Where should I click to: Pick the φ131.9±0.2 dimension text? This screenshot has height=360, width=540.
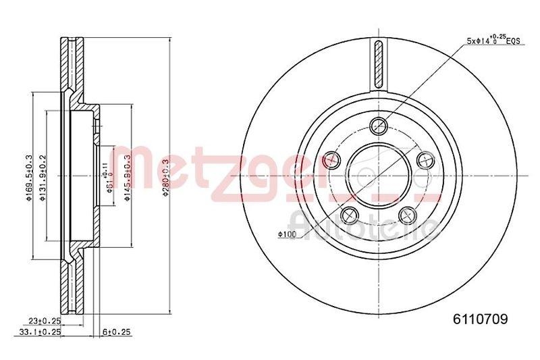44,174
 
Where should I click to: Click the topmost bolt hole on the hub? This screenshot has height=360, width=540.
379,124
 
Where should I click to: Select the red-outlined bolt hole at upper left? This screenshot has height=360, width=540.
331,159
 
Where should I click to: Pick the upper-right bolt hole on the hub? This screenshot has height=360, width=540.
425,159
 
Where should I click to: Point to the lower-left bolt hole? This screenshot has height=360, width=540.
350,215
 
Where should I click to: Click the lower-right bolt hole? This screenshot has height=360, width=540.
407,215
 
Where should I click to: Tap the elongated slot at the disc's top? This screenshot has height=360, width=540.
379,65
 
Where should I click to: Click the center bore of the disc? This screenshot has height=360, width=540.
379,174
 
